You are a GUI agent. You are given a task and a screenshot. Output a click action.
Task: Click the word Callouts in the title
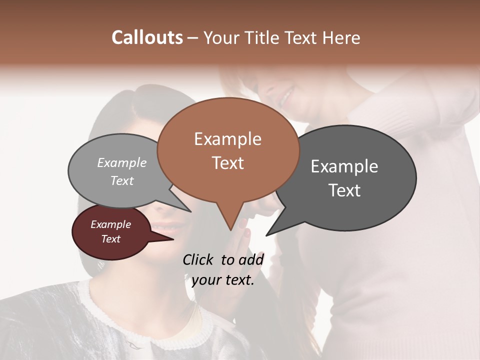coord(147,37)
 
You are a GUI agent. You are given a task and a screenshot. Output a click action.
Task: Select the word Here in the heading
coord(342,37)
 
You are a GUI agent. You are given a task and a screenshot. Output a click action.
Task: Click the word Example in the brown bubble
coord(228,139)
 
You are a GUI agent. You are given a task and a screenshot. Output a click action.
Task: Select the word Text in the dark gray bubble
coord(344,190)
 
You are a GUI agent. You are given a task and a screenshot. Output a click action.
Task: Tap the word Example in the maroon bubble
coord(111,224)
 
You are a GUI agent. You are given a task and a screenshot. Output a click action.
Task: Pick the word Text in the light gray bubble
coord(122,180)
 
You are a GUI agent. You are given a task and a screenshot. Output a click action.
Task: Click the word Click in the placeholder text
coord(198,259)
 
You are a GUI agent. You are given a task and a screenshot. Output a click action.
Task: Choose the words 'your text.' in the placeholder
coord(223,280)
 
